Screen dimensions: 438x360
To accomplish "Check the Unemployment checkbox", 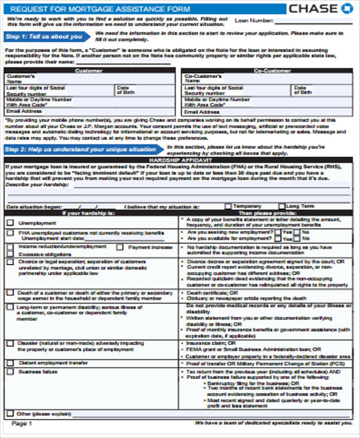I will coord(10,222).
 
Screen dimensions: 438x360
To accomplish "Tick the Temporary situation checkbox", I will coord(227,206).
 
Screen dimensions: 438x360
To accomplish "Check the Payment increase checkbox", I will coord(121,247).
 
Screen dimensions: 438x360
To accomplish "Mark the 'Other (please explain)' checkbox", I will coord(10,413).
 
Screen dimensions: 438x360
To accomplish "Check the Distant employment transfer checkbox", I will coord(10,363).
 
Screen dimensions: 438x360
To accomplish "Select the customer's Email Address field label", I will coord(21,112).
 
